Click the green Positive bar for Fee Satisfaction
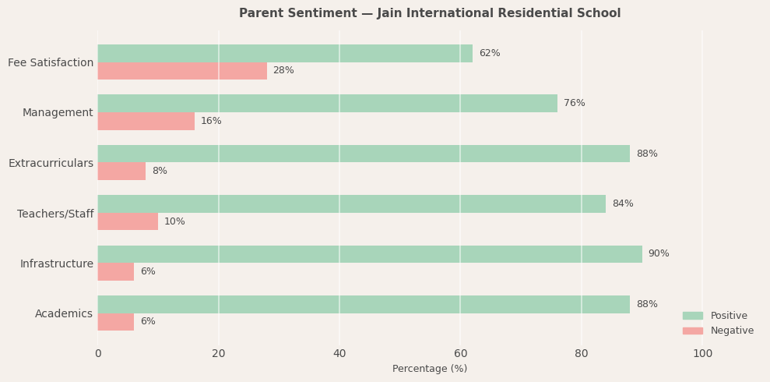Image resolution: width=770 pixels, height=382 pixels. pyautogui.click(x=285, y=53)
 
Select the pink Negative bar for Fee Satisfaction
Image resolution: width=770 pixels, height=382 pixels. pyautogui.click(x=182, y=71)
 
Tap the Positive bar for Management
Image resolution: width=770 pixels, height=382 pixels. pyautogui.click(x=327, y=103)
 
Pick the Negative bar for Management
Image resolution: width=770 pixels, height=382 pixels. pyautogui.click(x=146, y=121)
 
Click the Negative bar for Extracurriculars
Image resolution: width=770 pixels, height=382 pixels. pyautogui.click(x=121, y=172)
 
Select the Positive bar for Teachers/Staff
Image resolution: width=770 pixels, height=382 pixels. pyautogui.click(x=351, y=203)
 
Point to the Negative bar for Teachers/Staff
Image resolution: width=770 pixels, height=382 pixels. pyautogui.click(x=128, y=221)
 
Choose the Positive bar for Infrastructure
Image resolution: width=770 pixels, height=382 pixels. pyautogui.click(x=370, y=254)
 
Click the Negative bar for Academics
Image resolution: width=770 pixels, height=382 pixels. pyautogui.click(x=115, y=322)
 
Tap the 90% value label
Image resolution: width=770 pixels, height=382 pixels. pyautogui.click(x=659, y=254)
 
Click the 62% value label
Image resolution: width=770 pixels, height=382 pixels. pyautogui.click(x=490, y=53)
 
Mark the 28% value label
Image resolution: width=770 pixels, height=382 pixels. pyautogui.click(x=283, y=71)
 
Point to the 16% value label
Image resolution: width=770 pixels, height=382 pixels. pyautogui.click(x=211, y=121)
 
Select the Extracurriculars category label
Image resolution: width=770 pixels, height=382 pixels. pyautogui.click(x=51, y=164)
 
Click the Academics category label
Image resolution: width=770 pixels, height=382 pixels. pyautogui.click(x=64, y=314)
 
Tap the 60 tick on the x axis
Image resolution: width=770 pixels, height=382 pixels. pyautogui.click(x=460, y=354)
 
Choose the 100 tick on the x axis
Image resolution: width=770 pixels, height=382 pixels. pyautogui.click(x=702, y=354)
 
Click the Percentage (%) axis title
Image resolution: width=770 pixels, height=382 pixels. pyautogui.click(x=430, y=369)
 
